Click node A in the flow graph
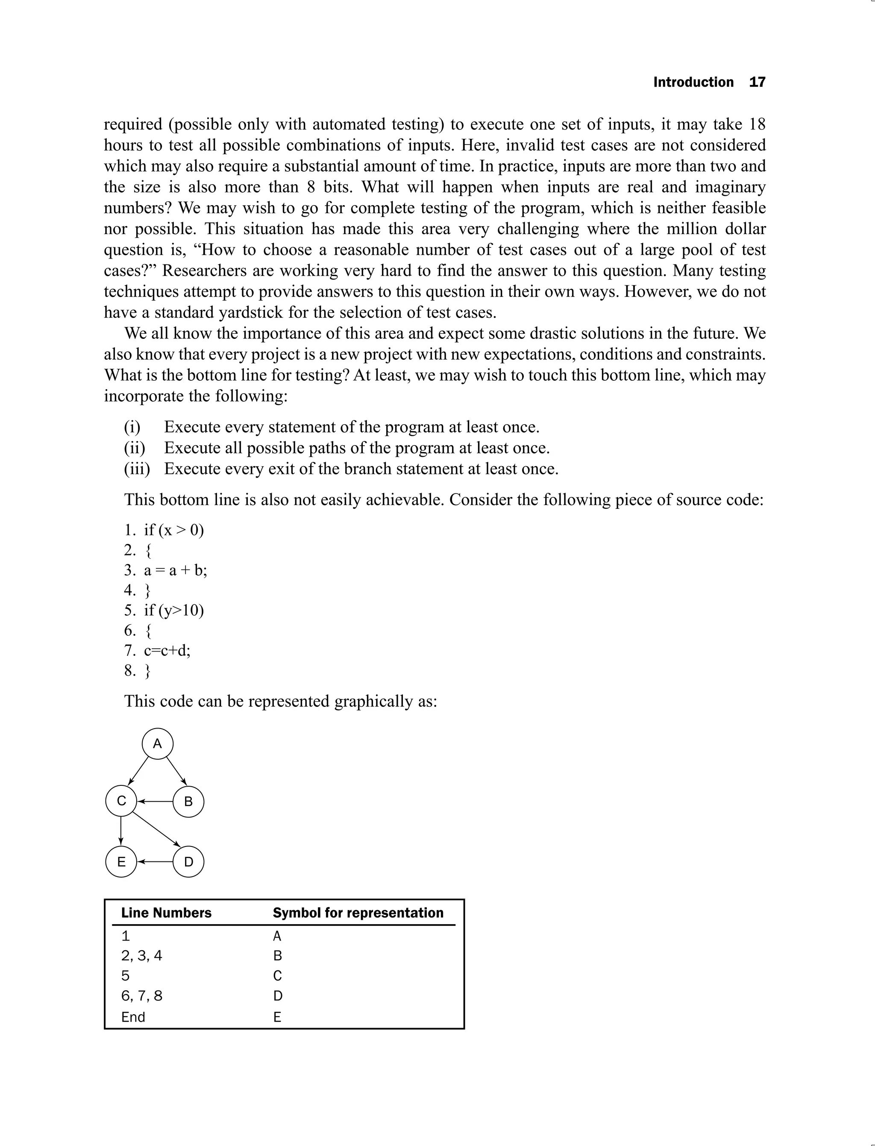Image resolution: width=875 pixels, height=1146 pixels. click(x=157, y=744)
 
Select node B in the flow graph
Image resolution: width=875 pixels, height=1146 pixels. click(x=188, y=802)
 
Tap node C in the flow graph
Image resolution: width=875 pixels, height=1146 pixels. click(x=121, y=801)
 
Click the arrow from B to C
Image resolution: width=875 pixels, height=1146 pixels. click(x=155, y=802)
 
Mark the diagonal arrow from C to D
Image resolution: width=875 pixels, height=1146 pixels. click(x=156, y=829)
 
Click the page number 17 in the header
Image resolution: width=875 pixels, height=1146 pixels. click(x=757, y=82)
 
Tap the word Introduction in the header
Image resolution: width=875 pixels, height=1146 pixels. click(x=693, y=82)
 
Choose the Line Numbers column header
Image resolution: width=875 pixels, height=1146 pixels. click(x=166, y=913)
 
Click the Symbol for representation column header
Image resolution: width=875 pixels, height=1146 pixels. click(x=358, y=913)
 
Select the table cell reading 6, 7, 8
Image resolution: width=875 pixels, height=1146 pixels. click(x=142, y=996)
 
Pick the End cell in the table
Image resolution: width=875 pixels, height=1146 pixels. click(x=133, y=1017)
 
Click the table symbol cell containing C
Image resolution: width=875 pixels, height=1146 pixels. click(x=277, y=976)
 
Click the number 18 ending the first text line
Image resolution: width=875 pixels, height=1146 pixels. click(x=757, y=124)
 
